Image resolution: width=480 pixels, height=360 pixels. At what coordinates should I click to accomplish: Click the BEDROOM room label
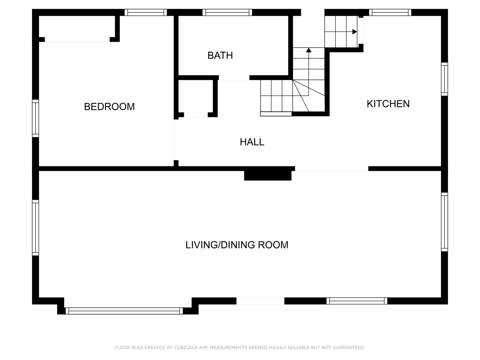(x=109, y=107)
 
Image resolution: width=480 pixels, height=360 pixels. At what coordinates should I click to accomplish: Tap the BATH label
(x=220, y=56)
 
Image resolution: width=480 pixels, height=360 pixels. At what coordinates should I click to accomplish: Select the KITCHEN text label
(x=388, y=104)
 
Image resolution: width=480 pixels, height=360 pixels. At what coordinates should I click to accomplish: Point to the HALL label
(x=252, y=142)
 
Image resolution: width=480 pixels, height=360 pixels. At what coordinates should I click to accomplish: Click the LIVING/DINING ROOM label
(x=237, y=245)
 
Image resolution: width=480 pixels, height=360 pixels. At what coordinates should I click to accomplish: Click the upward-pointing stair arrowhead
(x=309, y=50)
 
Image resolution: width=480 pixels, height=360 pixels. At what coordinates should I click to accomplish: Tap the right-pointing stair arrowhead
(x=354, y=32)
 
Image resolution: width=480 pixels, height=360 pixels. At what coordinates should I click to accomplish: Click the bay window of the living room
(x=124, y=311)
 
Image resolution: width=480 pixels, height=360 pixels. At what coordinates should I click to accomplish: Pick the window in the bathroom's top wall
(x=227, y=12)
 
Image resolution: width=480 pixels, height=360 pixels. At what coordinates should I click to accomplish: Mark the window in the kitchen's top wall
(x=390, y=12)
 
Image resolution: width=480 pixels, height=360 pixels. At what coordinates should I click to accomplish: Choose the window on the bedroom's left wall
(x=35, y=118)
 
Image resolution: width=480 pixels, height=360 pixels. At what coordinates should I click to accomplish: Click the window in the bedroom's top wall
(x=146, y=12)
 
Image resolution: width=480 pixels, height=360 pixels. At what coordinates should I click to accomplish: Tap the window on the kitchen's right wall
(x=444, y=79)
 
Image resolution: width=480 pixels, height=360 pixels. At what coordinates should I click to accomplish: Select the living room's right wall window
(x=444, y=222)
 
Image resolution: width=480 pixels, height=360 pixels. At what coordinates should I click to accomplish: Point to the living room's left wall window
(x=35, y=228)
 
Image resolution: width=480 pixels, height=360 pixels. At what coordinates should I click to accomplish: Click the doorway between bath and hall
(x=234, y=78)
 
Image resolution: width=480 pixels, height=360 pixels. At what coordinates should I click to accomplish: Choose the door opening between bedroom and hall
(x=176, y=140)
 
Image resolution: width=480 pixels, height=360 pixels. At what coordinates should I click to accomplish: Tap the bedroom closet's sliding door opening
(x=77, y=40)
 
